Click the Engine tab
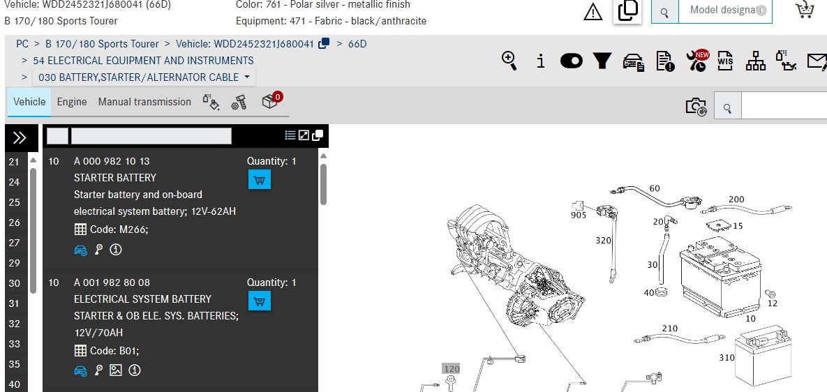tap(72, 102)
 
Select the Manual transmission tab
tap(144, 102)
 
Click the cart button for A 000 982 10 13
tap(259, 180)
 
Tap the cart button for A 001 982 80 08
tap(259, 301)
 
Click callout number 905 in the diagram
tap(578, 215)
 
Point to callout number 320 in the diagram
tap(604, 240)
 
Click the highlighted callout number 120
tap(452, 369)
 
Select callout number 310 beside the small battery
tap(727, 358)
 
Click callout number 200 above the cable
tap(736, 199)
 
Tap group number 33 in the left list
tap(14, 344)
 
